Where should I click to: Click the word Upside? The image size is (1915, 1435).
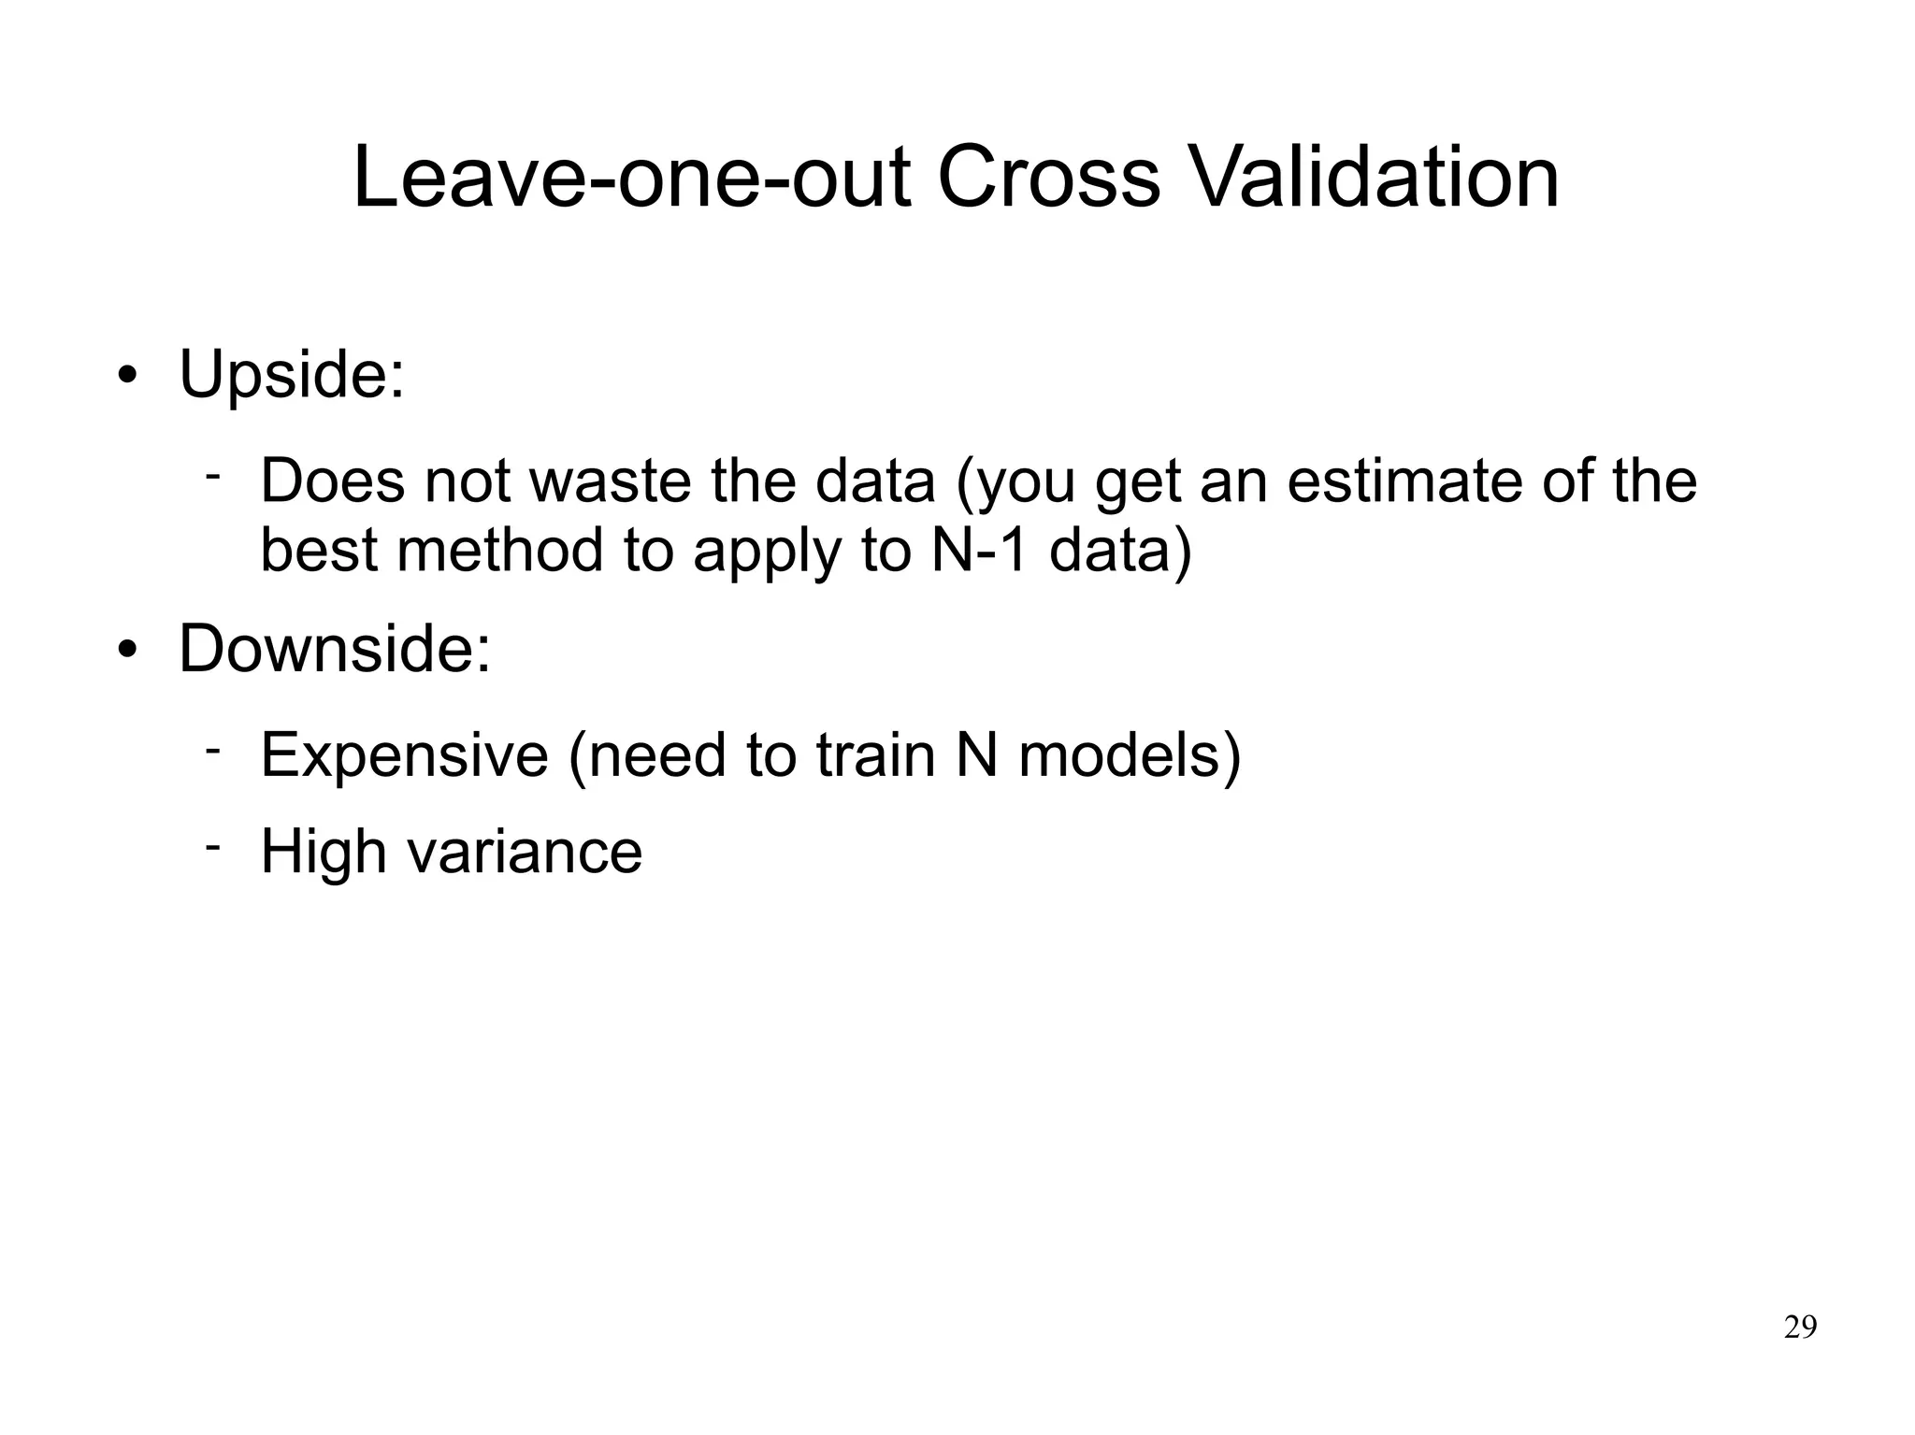coord(291,375)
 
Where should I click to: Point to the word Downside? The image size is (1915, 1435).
coord(334,648)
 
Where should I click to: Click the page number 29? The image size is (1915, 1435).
coord(1800,1327)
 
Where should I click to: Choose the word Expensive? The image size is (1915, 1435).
coord(404,755)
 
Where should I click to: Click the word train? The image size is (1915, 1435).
coord(875,755)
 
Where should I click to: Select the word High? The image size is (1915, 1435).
coord(323,853)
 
